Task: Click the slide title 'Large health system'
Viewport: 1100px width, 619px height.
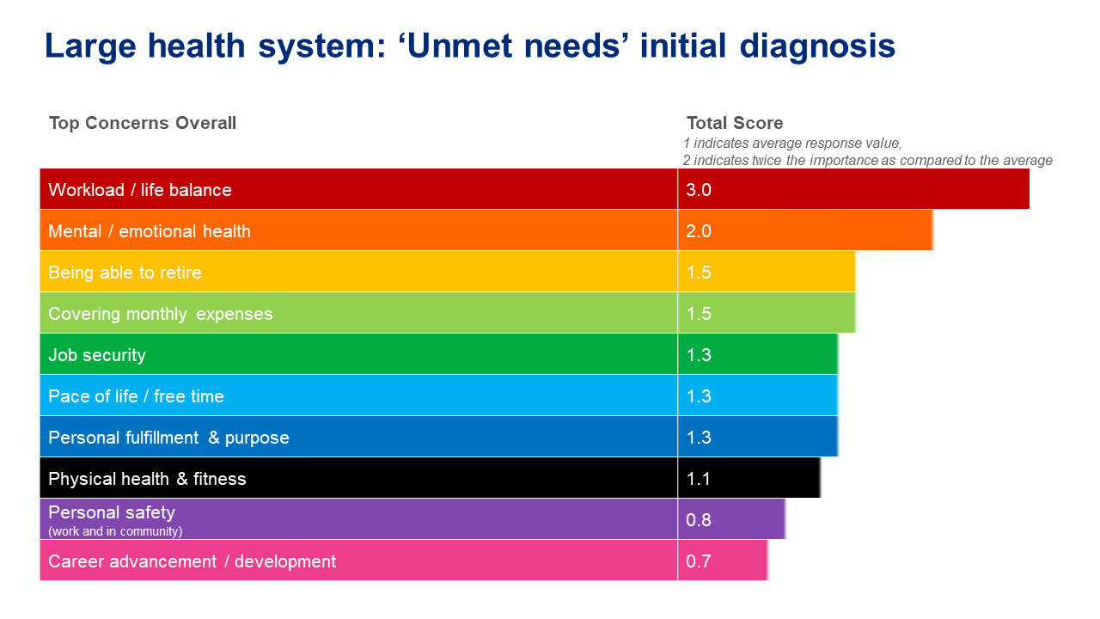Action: click(469, 46)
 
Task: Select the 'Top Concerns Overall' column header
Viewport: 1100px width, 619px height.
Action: click(143, 123)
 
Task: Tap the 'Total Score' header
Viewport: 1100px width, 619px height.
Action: click(735, 123)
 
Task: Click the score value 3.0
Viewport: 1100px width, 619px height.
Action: click(699, 190)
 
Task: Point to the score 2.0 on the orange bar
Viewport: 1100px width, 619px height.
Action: click(699, 231)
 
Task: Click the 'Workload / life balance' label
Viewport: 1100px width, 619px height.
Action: click(140, 190)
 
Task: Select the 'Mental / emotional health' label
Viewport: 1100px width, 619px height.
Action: click(150, 231)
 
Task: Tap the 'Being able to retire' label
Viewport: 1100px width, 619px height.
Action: click(125, 273)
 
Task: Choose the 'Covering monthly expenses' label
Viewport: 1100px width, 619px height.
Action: click(161, 314)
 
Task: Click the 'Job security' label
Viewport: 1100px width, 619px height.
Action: click(97, 355)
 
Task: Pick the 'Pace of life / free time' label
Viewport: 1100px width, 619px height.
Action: click(136, 396)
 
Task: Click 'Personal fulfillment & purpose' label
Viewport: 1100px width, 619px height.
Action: click(168, 438)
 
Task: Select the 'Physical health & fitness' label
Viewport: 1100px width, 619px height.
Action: click(147, 479)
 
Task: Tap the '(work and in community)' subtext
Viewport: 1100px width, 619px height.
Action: click(115, 531)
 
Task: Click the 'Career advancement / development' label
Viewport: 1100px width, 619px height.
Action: click(192, 561)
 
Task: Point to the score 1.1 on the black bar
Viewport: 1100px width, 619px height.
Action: click(699, 479)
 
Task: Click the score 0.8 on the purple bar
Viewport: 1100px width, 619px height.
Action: click(699, 520)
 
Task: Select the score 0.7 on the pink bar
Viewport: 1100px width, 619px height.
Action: click(699, 561)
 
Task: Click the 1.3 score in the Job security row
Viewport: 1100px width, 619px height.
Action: click(699, 355)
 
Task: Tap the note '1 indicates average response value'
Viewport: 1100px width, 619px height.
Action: click(792, 144)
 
